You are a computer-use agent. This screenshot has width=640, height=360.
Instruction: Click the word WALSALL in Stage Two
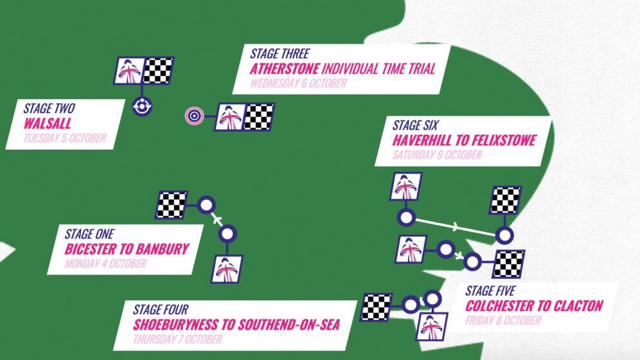click(48, 123)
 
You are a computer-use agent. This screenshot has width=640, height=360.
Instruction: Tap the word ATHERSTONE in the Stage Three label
click(284, 69)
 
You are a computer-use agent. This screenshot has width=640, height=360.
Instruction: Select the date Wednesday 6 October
click(298, 84)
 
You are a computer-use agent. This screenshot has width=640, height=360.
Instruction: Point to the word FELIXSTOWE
click(499, 140)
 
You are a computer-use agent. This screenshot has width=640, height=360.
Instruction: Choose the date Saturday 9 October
click(437, 155)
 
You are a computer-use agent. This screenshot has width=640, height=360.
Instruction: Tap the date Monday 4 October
click(105, 264)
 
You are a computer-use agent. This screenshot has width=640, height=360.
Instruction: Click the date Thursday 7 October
click(177, 339)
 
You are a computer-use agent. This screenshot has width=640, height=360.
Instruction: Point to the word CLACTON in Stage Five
click(578, 305)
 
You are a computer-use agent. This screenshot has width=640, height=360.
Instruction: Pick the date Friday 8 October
click(503, 320)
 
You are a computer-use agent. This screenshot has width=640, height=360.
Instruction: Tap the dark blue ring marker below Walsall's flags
click(141, 105)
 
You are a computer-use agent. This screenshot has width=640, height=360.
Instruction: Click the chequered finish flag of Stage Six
click(505, 200)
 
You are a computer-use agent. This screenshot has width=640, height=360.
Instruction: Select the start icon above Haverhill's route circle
click(406, 187)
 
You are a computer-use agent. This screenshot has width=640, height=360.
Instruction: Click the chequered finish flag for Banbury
click(171, 205)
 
